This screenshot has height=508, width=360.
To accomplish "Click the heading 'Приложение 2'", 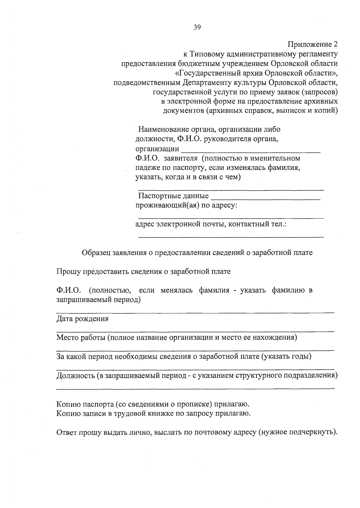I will (x=313, y=45).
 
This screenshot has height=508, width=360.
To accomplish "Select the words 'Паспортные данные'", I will (x=173, y=196).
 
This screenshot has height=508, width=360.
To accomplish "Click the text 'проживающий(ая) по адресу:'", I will (x=186, y=206).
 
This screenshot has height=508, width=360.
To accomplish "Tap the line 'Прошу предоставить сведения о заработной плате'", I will (x=144, y=272).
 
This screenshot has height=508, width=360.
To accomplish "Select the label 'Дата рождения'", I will (x=82, y=319).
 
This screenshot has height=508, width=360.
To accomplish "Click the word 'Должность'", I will (x=76, y=375).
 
